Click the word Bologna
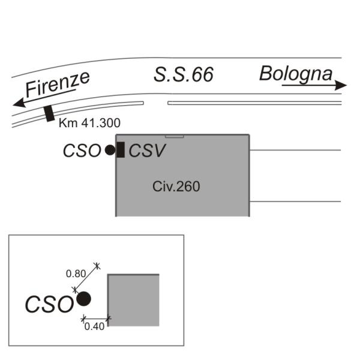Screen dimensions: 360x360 [296, 74]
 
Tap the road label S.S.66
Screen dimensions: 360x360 [184, 75]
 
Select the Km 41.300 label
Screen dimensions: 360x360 [90, 124]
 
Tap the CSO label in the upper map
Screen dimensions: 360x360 [82, 151]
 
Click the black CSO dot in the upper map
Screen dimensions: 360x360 [109, 151]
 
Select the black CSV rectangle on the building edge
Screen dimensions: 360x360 [121, 150]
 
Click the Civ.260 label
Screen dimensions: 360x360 [176, 187]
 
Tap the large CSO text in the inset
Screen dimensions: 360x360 [49, 304]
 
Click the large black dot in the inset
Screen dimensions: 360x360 [83, 298]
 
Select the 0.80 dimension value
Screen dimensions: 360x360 [75, 274]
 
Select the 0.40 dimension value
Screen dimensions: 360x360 [94, 326]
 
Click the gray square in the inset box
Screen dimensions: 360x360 [133, 300]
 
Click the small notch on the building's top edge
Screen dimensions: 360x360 [174, 136]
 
